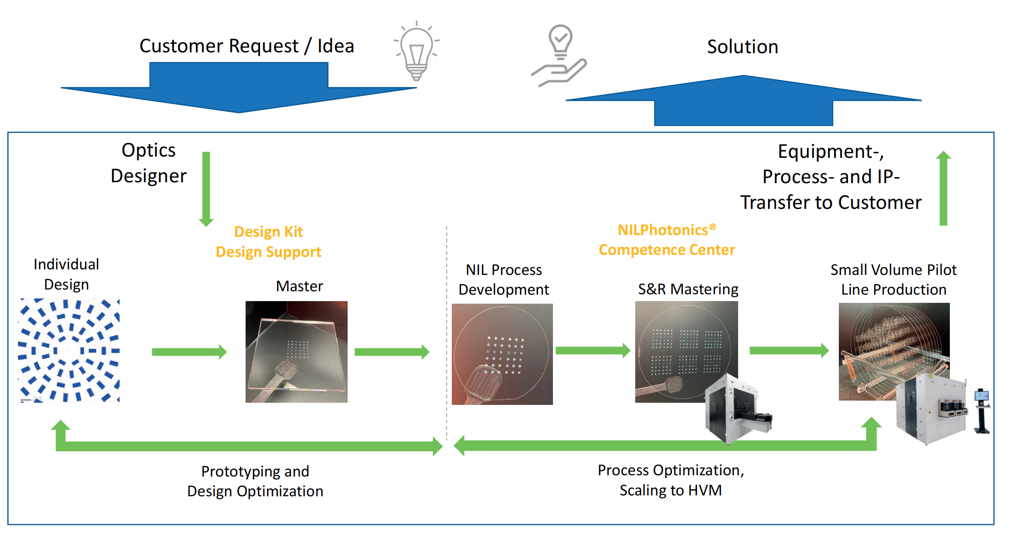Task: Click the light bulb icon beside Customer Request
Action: click(x=416, y=51)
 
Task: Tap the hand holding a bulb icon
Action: click(x=559, y=56)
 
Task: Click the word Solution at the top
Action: click(x=742, y=47)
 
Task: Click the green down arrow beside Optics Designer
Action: click(x=206, y=189)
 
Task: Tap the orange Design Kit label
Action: click(x=268, y=232)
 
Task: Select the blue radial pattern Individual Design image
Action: click(x=69, y=350)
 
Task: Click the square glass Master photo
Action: click(x=296, y=352)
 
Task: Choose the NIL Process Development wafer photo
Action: click(x=502, y=354)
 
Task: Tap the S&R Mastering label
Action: click(x=688, y=289)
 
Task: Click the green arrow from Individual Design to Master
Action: click(x=189, y=352)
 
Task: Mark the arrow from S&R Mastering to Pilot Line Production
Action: click(x=789, y=351)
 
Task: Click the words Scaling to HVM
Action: click(x=670, y=490)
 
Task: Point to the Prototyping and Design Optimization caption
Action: click(x=255, y=481)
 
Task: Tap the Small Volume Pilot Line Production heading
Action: click(x=893, y=280)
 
